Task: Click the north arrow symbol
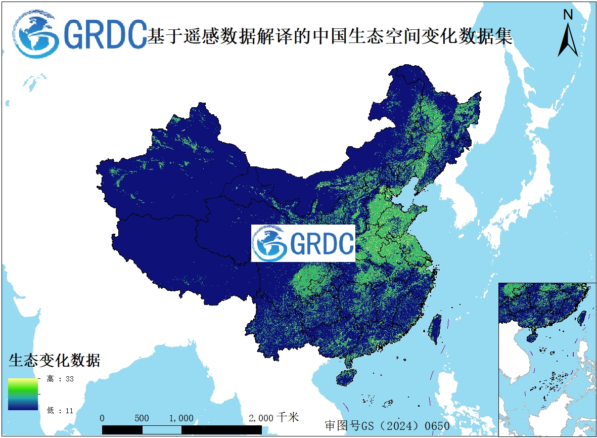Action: [x=568, y=39]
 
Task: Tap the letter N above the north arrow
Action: [x=568, y=15]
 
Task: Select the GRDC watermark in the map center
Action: [x=303, y=243]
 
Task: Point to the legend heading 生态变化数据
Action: [x=55, y=361]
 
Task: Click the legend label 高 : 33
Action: [x=60, y=379]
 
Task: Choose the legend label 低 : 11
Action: [x=60, y=411]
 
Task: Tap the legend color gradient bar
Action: [x=23, y=394]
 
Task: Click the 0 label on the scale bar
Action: [x=103, y=418]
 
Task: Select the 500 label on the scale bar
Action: [x=142, y=418]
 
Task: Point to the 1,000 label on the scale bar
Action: [x=181, y=418]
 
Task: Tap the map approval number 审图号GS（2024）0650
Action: [x=387, y=425]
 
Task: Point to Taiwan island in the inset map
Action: [x=581, y=318]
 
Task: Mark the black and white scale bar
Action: [x=181, y=429]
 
